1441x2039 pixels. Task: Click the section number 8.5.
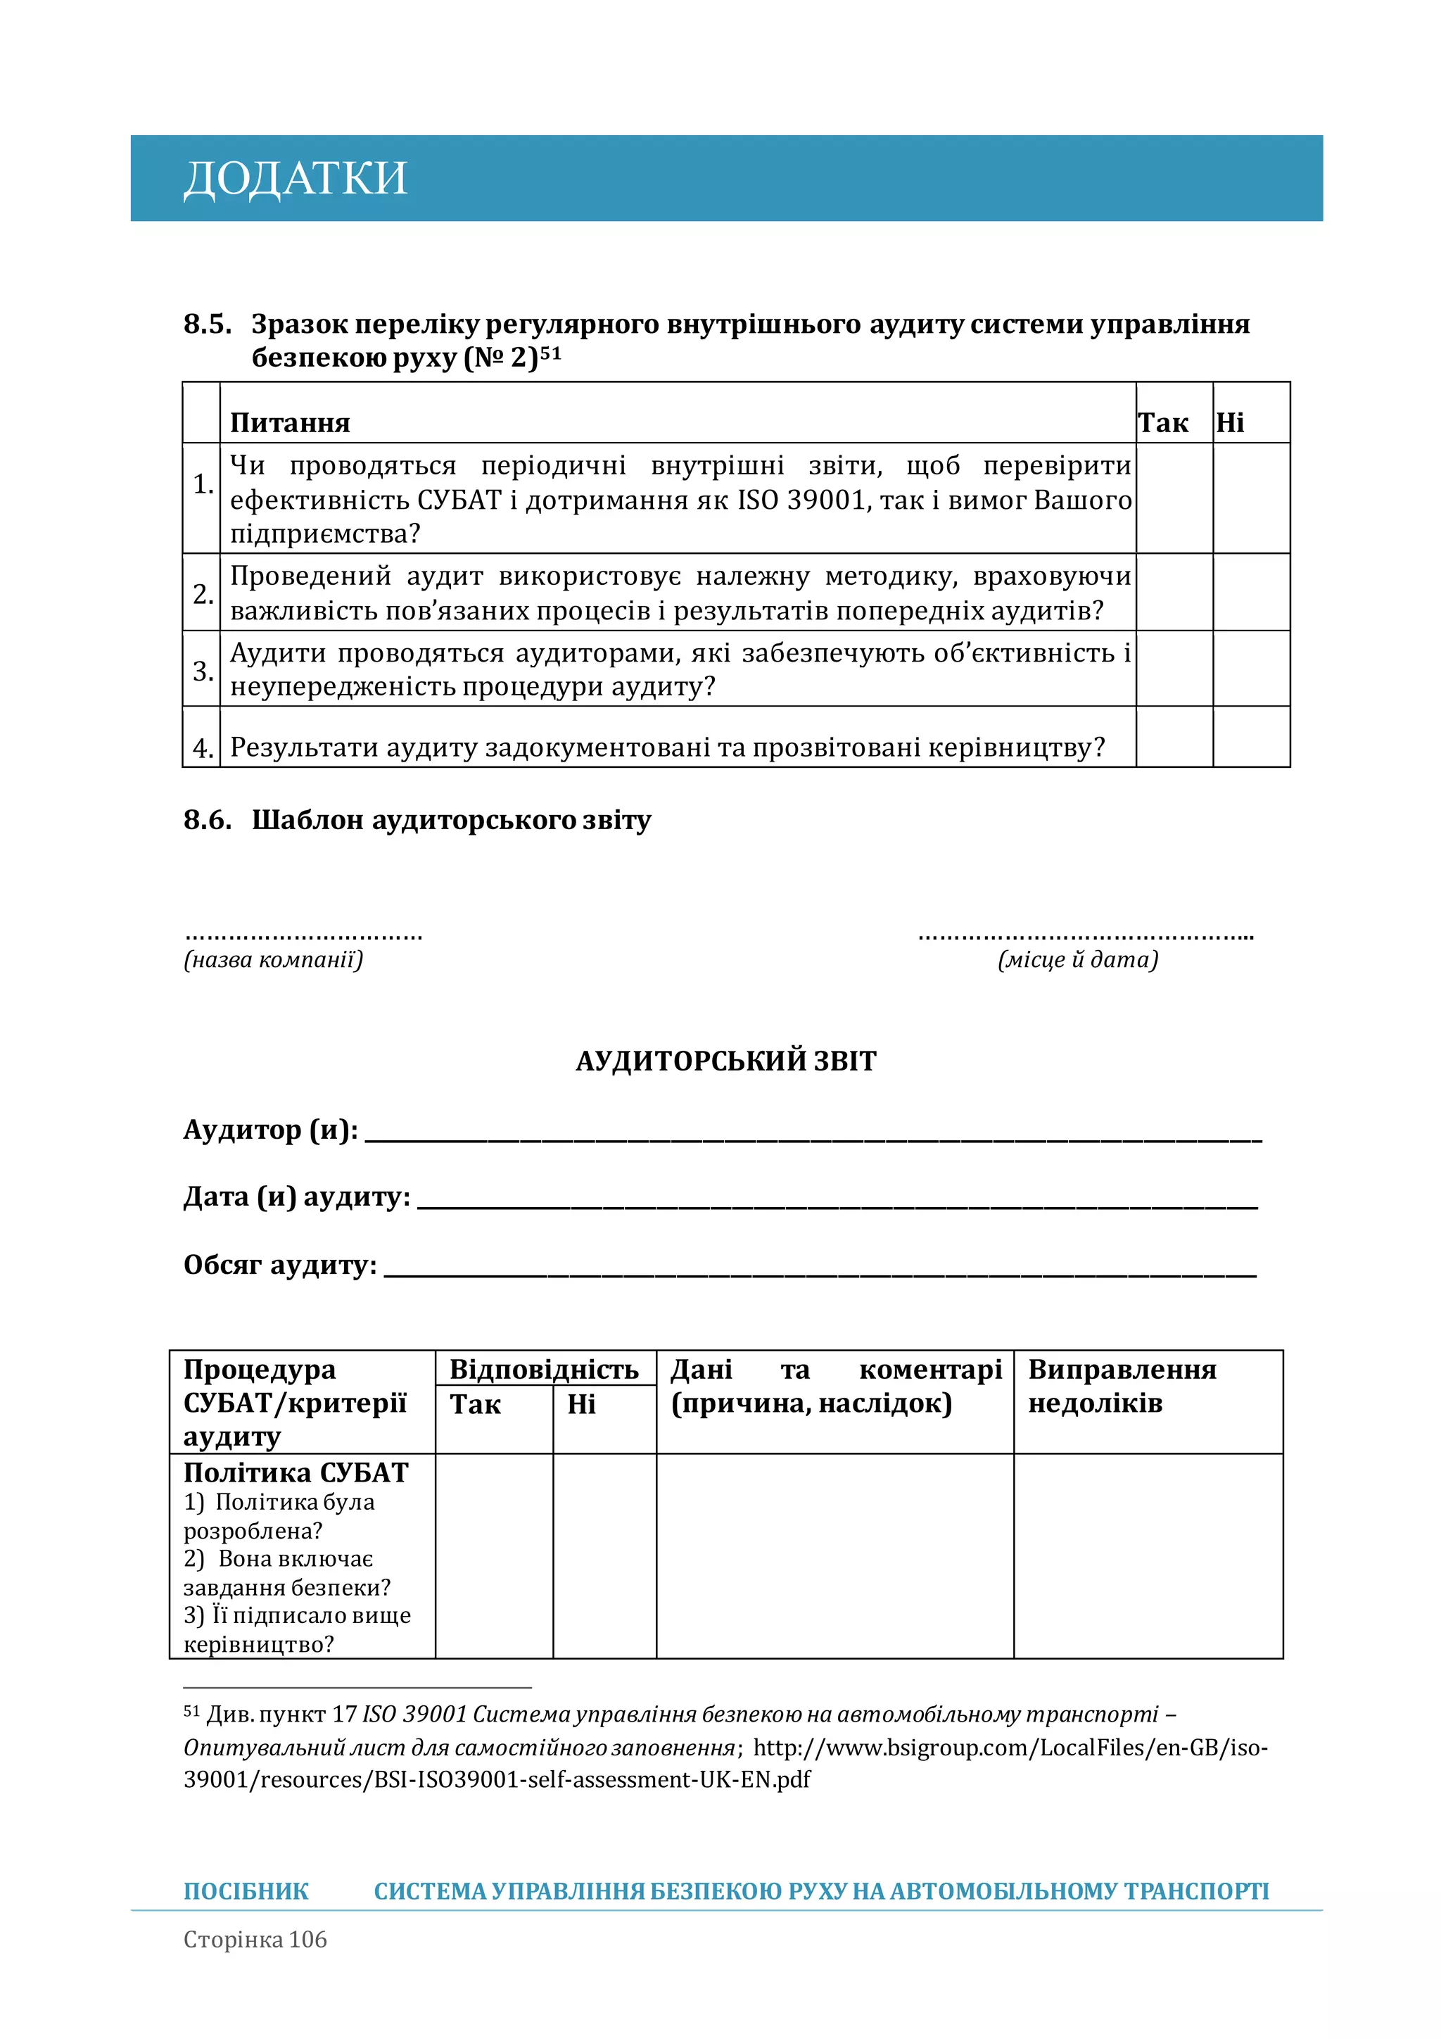click(x=207, y=324)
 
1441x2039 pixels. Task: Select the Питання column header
click(x=291, y=423)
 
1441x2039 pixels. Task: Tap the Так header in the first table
click(x=1162, y=423)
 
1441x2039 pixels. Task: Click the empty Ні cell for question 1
click(x=1250, y=498)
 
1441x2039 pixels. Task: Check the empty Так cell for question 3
click(x=1174, y=669)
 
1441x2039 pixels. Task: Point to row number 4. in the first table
click(x=203, y=747)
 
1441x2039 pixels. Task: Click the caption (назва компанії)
click(x=274, y=959)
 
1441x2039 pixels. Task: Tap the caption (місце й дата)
click(x=1078, y=959)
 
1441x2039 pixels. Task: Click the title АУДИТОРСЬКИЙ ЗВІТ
click(x=725, y=1061)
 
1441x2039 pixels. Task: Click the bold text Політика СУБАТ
click(x=296, y=1472)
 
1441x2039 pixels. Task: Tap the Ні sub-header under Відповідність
click(x=582, y=1404)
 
